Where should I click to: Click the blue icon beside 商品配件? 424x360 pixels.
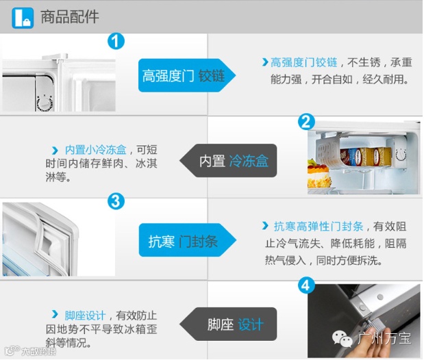pos(23,18)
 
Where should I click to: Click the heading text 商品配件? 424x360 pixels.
pos(70,17)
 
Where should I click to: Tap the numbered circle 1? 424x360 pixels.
pos(116,41)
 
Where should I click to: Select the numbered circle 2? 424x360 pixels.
pos(306,122)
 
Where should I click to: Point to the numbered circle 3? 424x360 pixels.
pos(116,201)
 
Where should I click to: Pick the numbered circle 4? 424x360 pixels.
pos(306,285)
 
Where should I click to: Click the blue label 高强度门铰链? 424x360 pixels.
pos(187,75)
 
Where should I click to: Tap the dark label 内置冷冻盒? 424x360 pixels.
pos(228,161)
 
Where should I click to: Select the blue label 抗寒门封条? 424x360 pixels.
pos(188,240)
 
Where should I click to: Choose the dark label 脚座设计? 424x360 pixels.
pos(228,324)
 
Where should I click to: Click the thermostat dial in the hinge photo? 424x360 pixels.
pos(45,103)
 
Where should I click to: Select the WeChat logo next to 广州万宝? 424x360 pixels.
pos(342,338)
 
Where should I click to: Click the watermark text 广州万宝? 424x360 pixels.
pos(384,338)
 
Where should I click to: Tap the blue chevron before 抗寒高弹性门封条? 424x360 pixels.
pos(265,226)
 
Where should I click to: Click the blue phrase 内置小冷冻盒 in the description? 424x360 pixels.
pos(96,150)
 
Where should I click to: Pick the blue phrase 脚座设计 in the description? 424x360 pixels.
pos(85,316)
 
